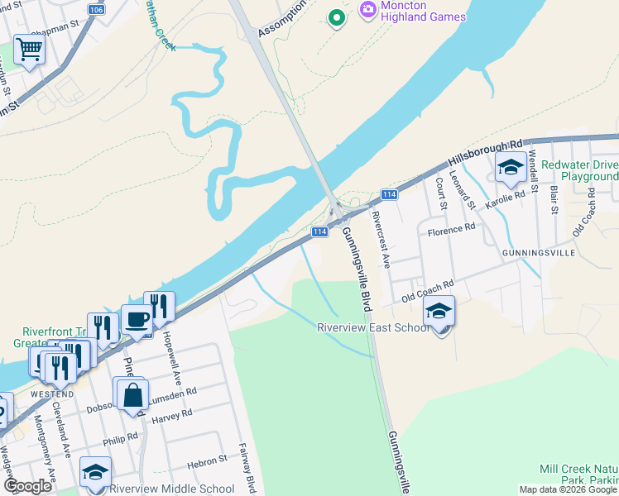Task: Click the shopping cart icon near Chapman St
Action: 29,50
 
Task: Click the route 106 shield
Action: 97,9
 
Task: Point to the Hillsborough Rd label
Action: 487,149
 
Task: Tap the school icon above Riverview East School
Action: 439,312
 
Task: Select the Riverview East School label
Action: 373,328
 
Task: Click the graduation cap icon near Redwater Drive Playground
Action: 511,169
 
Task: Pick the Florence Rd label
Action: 451,227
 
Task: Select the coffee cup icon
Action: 137,319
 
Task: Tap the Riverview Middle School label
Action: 172,489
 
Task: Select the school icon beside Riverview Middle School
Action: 95,472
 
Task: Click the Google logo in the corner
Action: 27,487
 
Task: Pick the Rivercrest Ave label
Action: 381,237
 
